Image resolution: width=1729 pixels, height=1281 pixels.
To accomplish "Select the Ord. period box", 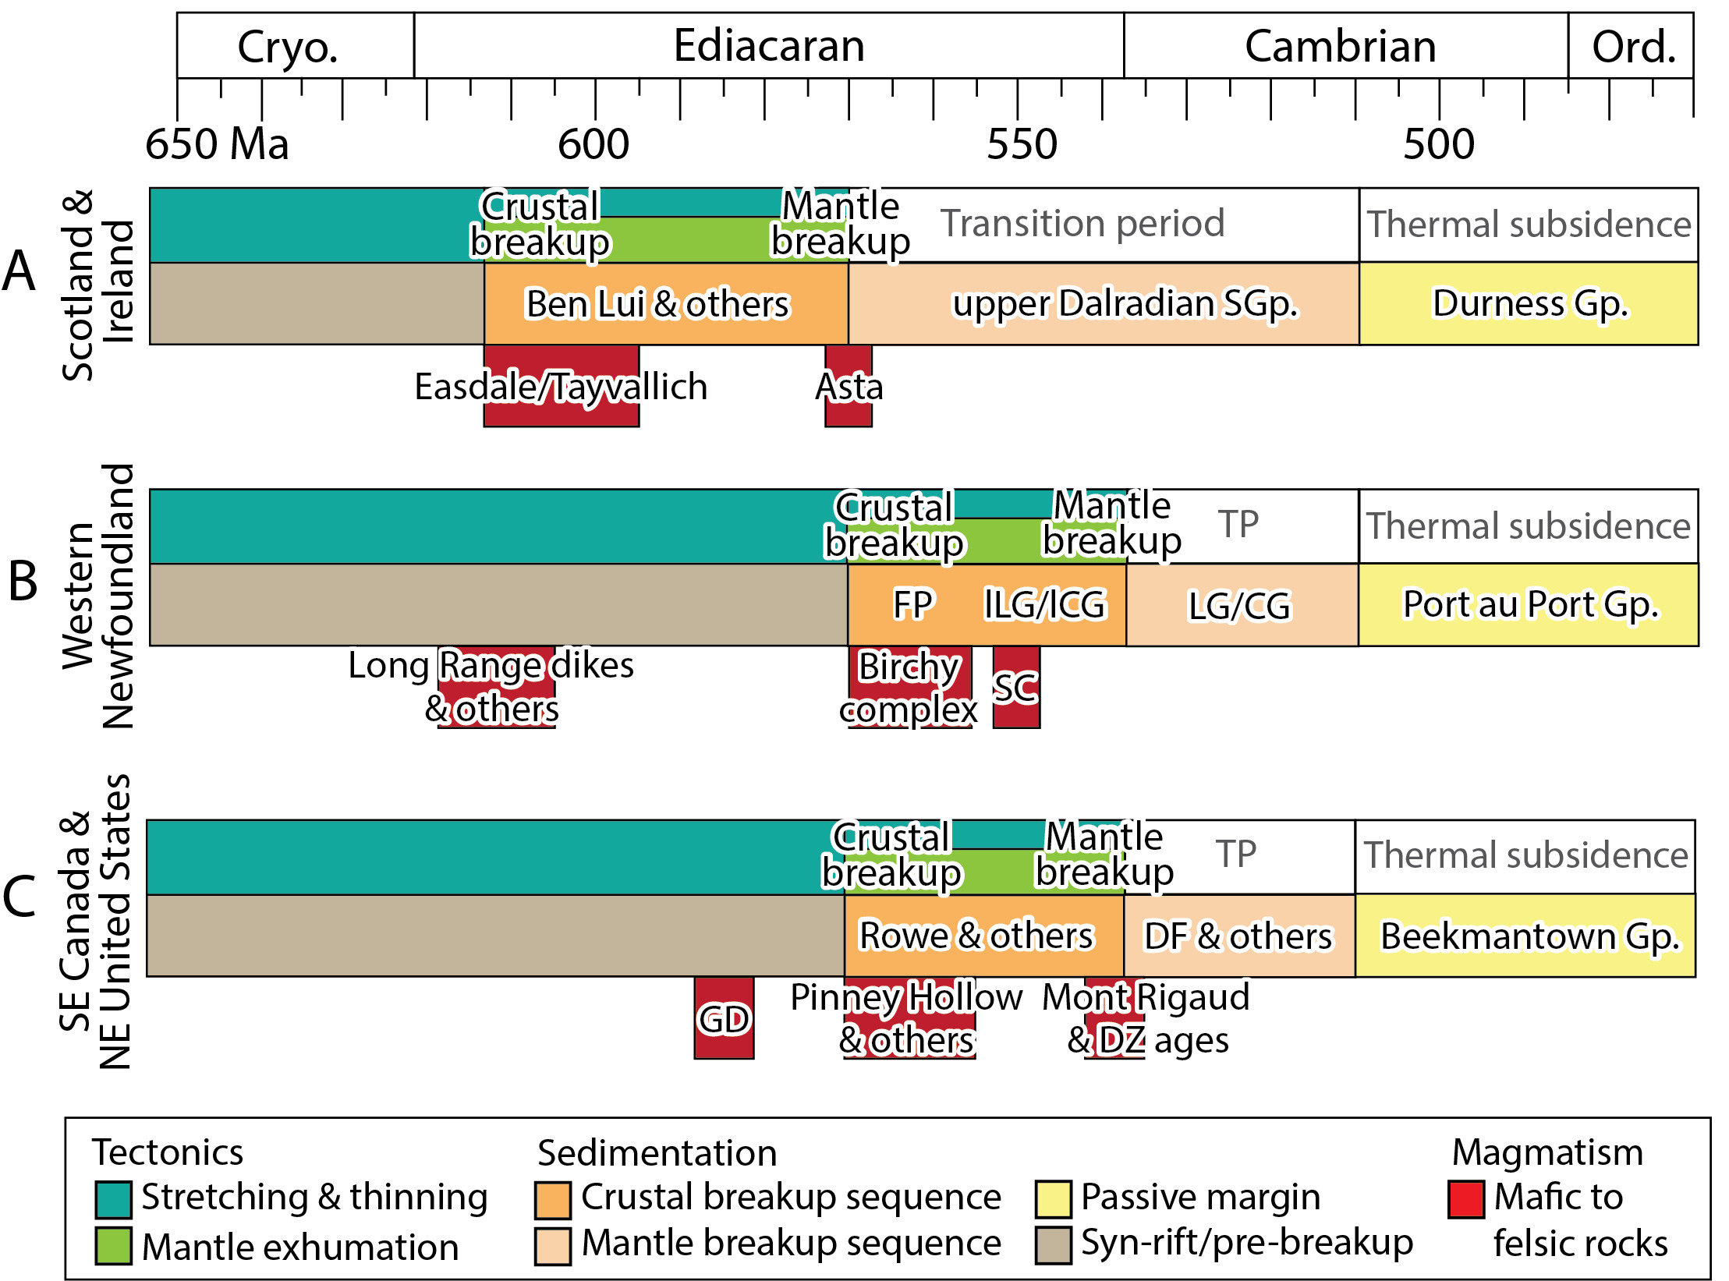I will (x=1631, y=45).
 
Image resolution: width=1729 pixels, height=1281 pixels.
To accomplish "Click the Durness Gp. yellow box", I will (x=1529, y=303).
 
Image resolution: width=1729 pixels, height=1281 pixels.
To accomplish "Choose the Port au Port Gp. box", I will (x=1529, y=604).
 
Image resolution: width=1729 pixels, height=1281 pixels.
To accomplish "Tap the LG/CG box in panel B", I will (x=1242, y=605).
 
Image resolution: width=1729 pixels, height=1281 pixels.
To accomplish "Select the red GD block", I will (x=724, y=1017).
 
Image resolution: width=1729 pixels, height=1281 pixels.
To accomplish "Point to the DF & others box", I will (x=1239, y=936).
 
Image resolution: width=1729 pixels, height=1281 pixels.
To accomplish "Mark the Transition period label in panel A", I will (x=1082, y=224).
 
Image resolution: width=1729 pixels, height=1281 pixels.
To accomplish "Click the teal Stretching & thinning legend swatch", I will (x=113, y=1199).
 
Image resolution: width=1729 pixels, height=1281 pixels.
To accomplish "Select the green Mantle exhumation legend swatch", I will (x=113, y=1245).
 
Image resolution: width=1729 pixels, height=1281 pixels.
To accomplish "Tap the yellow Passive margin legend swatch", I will (x=1053, y=1199).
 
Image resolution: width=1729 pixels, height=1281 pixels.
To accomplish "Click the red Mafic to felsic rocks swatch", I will (x=1465, y=1199).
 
